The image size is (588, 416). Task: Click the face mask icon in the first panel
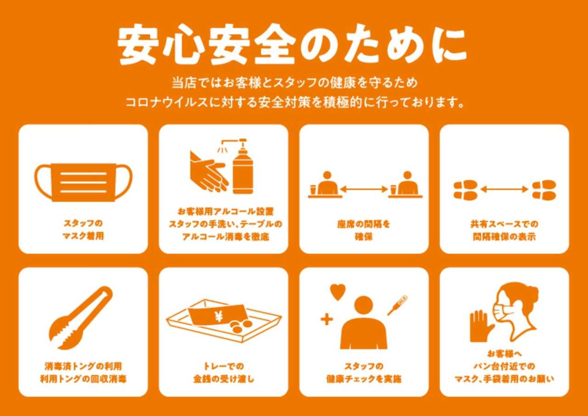tap(83, 182)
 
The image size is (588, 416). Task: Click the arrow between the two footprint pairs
tap(504, 189)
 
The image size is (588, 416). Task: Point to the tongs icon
tap(81, 318)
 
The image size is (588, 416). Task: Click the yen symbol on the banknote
tap(219, 316)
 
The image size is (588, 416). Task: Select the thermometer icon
tap(397, 305)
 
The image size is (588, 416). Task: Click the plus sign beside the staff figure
tap(327, 320)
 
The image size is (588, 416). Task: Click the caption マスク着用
tap(83, 236)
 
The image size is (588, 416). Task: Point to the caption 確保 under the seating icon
tap(363, 237)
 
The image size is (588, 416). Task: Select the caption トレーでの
tap(224, 366)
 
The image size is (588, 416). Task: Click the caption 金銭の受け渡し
tap(224, 379)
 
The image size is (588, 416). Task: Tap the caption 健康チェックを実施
tap(364, 379)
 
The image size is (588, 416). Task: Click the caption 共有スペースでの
tap(504, 224)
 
